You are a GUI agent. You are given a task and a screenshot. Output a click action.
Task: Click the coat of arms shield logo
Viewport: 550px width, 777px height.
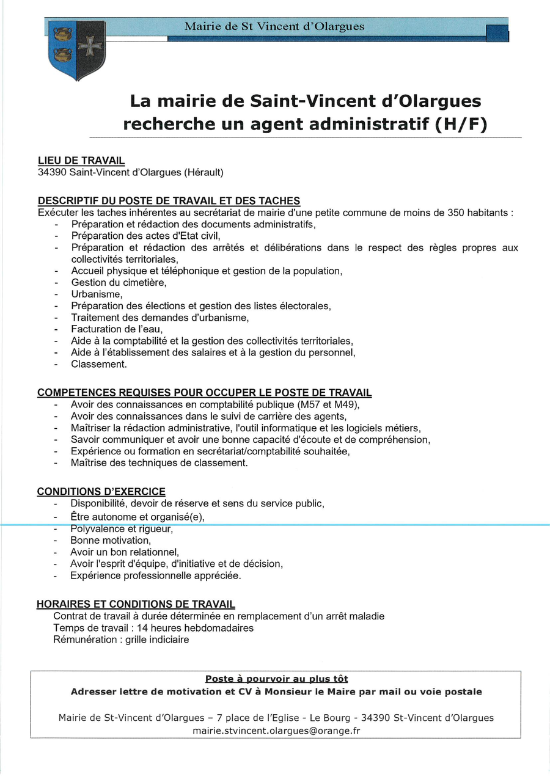76,50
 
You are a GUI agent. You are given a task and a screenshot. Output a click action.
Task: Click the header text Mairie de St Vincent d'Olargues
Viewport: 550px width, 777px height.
274,26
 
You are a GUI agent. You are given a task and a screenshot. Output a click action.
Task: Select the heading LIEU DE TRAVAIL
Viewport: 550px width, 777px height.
81,161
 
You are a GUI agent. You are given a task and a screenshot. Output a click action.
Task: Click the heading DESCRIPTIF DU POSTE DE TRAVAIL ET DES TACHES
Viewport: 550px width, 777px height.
169,201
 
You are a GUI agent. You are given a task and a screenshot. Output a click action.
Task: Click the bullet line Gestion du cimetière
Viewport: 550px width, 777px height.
119,282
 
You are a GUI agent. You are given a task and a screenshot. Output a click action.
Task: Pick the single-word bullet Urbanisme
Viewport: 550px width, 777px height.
97,294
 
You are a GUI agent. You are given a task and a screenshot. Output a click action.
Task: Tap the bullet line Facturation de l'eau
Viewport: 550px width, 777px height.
117,329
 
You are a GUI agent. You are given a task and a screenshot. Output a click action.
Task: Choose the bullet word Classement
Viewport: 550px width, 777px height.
98,363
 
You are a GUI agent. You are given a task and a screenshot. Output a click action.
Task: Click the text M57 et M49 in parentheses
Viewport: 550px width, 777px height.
327,404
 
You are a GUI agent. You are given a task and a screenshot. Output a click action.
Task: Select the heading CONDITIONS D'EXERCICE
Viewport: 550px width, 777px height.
101,492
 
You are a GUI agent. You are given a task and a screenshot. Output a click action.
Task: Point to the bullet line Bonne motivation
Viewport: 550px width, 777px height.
110,540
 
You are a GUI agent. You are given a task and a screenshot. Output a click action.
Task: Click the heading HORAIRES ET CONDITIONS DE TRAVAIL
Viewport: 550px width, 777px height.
136,604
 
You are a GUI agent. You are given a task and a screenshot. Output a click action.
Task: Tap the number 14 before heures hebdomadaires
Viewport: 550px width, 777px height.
142,627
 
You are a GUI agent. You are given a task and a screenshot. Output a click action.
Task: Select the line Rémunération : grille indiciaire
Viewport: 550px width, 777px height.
121,640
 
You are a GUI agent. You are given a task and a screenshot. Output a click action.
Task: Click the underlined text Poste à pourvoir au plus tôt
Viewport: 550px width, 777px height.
276,679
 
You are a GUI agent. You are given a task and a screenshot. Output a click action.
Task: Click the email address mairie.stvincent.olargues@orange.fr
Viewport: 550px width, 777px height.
276,730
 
